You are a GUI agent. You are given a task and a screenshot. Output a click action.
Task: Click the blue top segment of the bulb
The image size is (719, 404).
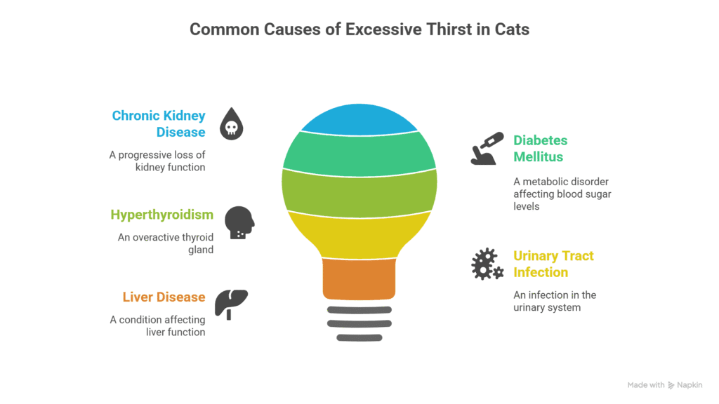(x=359, y=120)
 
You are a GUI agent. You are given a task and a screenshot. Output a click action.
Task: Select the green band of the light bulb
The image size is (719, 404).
(x=359, y=154)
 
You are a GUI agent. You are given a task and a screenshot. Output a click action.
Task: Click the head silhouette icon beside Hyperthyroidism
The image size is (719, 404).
(x=239, y=222)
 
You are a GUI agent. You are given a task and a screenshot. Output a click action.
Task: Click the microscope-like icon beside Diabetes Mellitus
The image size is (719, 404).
(x=487, y=149)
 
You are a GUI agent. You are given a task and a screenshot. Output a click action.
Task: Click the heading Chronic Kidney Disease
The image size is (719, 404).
(x=159, y=123)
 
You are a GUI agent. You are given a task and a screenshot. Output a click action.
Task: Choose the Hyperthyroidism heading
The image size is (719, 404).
(x=162, y=215)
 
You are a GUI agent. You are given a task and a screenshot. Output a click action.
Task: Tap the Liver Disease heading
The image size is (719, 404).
(x=164, y=297)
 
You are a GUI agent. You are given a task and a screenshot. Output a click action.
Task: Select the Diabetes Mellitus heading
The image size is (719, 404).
(x=540, y=149)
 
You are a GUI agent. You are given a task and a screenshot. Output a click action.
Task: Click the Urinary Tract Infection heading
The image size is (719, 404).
(x=553, y=264)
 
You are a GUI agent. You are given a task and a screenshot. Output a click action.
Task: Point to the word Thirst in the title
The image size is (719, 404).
(x=449, y=29)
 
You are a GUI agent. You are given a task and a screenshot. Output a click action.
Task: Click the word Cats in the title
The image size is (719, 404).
(x=512, y=29)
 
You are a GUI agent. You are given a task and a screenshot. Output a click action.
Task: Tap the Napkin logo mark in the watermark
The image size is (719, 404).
(x=671, y=385)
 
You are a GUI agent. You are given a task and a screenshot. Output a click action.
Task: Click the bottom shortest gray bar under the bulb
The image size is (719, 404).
(x=359, y=338)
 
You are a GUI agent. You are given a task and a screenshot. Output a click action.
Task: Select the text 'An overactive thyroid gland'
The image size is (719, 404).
(x=166, y=243)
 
